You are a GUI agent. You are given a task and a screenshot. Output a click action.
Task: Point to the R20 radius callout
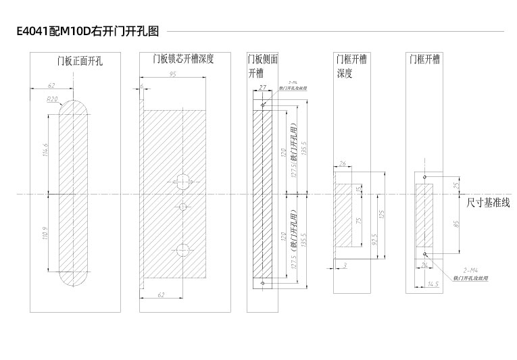pyautogui.click(x=52, y=99)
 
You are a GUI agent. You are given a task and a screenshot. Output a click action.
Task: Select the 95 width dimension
pyautogui.click(x=172, y=75)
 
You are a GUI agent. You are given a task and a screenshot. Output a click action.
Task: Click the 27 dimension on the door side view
pyautogui.click(x=262, y=87)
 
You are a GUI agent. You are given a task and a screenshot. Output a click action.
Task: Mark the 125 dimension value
pyautogui.click(x=383, y=214)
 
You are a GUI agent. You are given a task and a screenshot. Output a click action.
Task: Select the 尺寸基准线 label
pyautogui.click(x=487, y=201)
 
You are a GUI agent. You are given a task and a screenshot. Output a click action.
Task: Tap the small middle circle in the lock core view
pyautogui.click(x=182, y=205)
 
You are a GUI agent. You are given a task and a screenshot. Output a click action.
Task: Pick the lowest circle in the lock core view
pyautogui.click(x=182, y=250)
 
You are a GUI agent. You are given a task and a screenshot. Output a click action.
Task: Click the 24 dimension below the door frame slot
pyautogui.click(x=424, y=265)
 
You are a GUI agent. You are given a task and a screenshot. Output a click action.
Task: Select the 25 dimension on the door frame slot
pyautogui.click(x=438, y=184)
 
